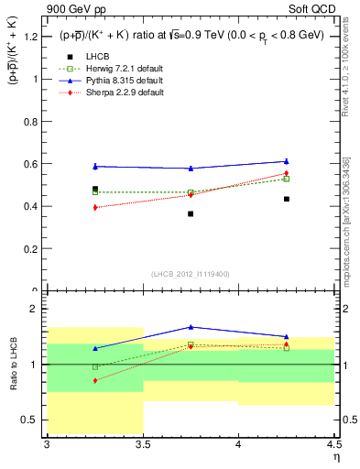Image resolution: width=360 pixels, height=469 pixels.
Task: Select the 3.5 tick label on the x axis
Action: click(143, 445)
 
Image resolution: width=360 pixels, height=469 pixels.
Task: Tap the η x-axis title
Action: click(335, 457)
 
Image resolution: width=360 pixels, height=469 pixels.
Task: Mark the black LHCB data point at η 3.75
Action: click(191, 213)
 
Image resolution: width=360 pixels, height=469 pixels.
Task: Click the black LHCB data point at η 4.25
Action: click(287, 199)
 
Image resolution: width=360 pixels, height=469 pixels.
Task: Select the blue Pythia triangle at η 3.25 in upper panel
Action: click(95, 166)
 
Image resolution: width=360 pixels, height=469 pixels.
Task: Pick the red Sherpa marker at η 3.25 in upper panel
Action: click(95, 207)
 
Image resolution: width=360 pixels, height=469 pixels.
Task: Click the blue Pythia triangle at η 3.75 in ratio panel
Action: click(191, 327)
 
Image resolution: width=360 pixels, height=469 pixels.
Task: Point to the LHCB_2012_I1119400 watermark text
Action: click(191, 274)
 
